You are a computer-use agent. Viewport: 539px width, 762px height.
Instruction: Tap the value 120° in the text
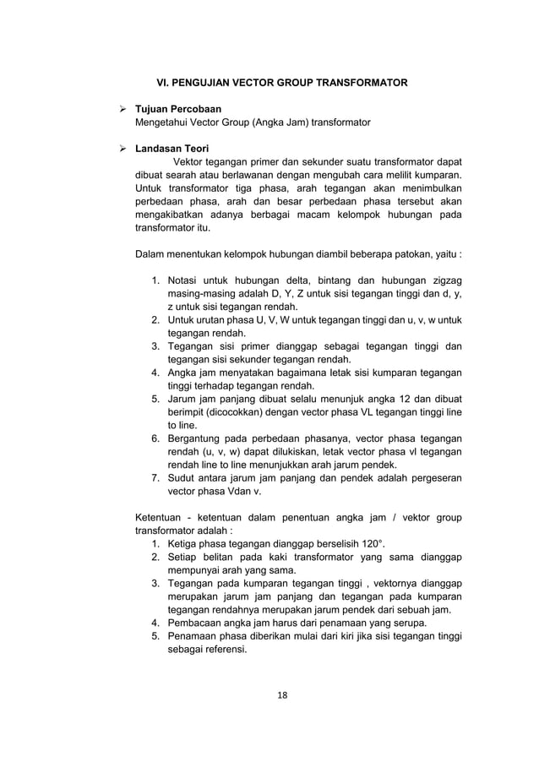coord(378,542)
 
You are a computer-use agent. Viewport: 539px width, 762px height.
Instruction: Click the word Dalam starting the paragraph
coord(152,254)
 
